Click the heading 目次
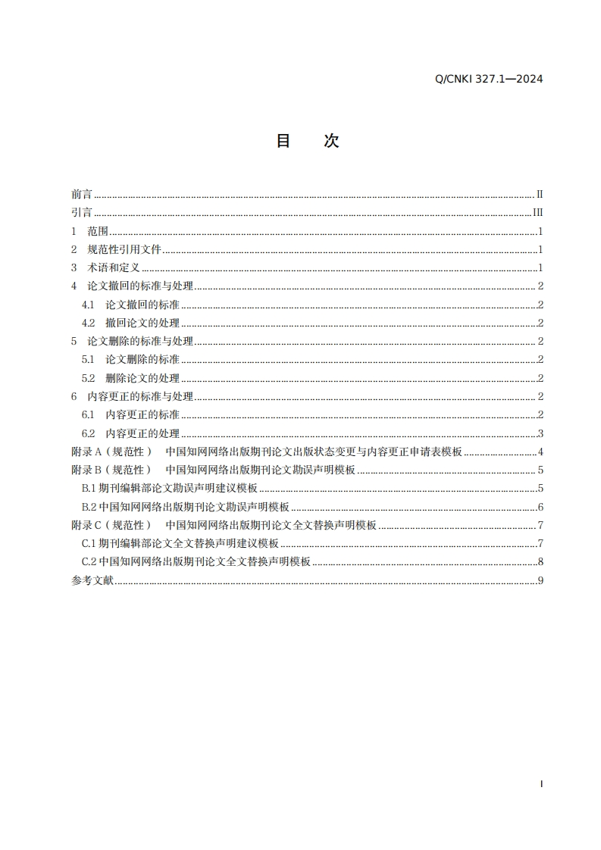tap(307, 141)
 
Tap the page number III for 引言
tap(538, 213)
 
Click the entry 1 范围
tap(90, 232)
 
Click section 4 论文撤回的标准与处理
tap(132, 286)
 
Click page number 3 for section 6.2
tap(540, 433)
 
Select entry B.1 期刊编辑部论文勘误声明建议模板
tap(170, 489)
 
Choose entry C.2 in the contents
tap(197, 562)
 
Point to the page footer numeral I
tap(541, 784)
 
